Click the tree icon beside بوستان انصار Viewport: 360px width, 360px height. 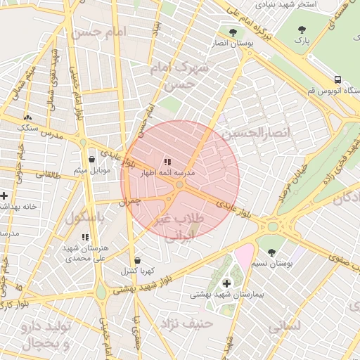(x=233, y=32)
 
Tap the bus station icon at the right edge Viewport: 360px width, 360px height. (x=338, y=79)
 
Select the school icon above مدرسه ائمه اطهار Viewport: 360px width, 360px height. (x=167, y=162)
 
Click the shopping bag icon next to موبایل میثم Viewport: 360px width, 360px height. (x=92, y=159)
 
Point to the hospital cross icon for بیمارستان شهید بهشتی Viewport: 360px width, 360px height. (x=226, y=283)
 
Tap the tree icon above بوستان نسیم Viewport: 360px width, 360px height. (x=271, y=252)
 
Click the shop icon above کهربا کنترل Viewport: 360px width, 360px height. (x=136, y=260)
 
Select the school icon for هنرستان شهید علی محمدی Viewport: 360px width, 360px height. (x=85, y=238)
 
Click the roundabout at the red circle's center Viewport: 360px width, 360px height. (x=180, y=184)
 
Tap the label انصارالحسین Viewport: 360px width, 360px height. (x=251, y=132)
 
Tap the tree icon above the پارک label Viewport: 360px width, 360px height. (x=302, y=30)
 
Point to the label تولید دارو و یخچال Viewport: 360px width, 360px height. (x=46, y=335)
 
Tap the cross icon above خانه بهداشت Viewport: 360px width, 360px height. (x=4, y=195)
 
